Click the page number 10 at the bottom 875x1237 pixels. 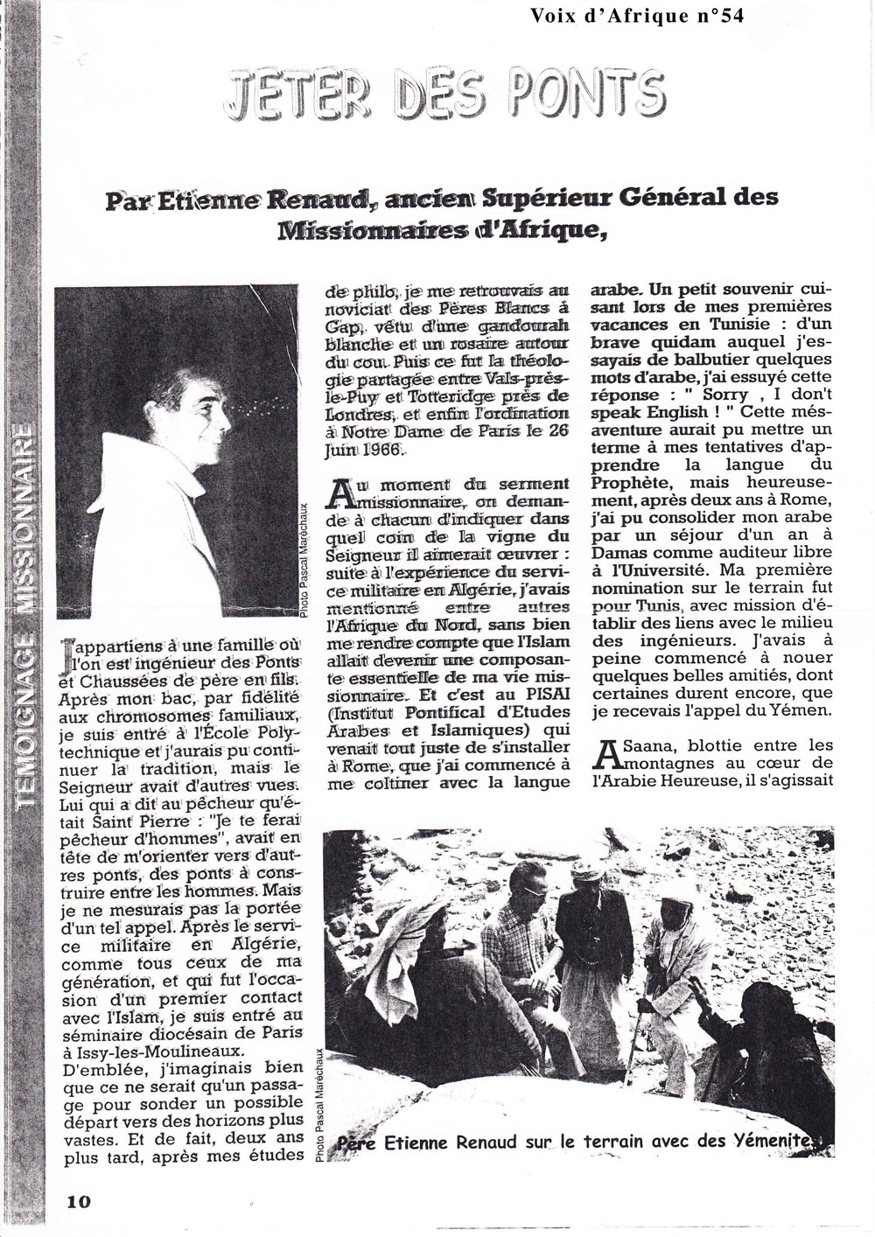[78, 1200]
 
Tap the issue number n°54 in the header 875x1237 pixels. [710, 17]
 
